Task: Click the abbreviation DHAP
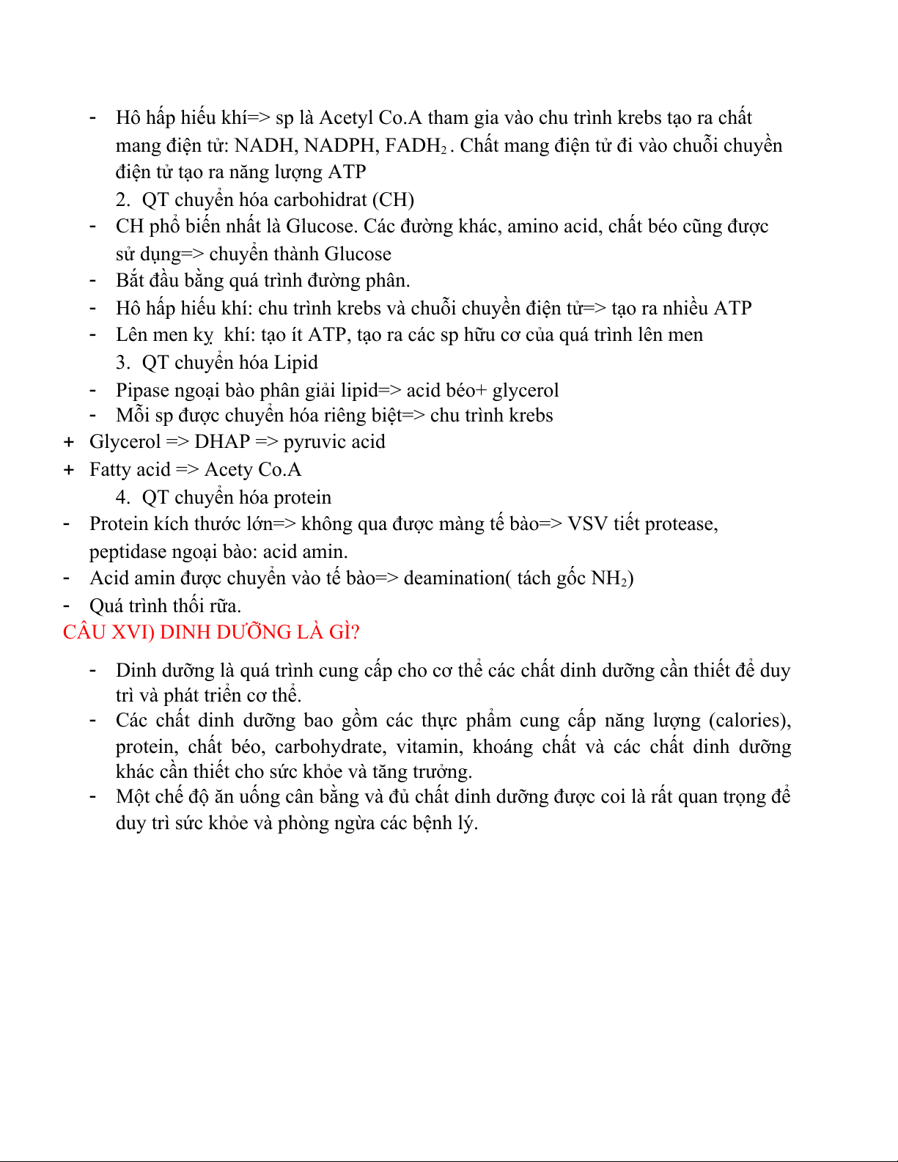point(222,441)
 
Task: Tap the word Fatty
point(109,469)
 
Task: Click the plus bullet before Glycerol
point(69,441)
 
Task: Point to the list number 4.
point(122,497)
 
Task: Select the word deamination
point(454,578)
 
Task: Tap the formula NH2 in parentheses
point(609,578)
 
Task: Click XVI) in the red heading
point(133,632)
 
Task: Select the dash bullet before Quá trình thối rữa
point(67,606)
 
